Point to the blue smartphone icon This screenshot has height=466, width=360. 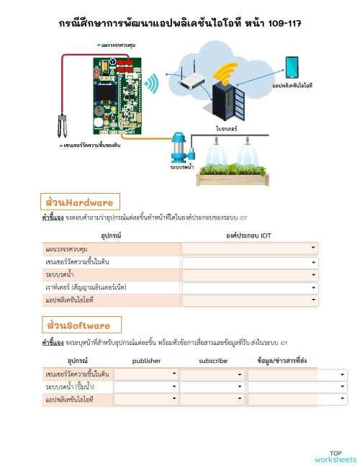coord(292,68)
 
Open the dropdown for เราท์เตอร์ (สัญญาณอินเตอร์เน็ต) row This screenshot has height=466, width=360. coord(249,287)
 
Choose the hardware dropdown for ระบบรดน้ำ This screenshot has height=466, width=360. coord(249,274)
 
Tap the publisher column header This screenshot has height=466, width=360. coord(147,360)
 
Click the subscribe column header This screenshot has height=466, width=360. coord(212,360)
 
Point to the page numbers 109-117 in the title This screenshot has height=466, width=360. coord(281,23)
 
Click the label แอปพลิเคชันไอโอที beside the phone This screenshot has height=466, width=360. coord(292,86)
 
